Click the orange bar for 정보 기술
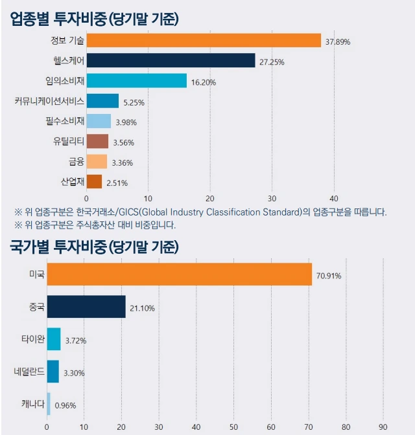(204, 41)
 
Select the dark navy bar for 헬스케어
(171, 61)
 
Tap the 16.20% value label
(204, 82)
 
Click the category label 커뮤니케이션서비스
(49, 101)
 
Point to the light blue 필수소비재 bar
(99, 121)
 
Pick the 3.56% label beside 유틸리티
(125, 142)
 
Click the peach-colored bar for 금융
(97, 162)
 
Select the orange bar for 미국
(179, 274)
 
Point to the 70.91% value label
(329, 276)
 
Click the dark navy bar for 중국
(86, 307)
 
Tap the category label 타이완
(32, 339)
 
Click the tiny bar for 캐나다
(49, 405)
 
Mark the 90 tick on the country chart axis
(383, 427)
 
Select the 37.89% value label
(338, 42)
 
